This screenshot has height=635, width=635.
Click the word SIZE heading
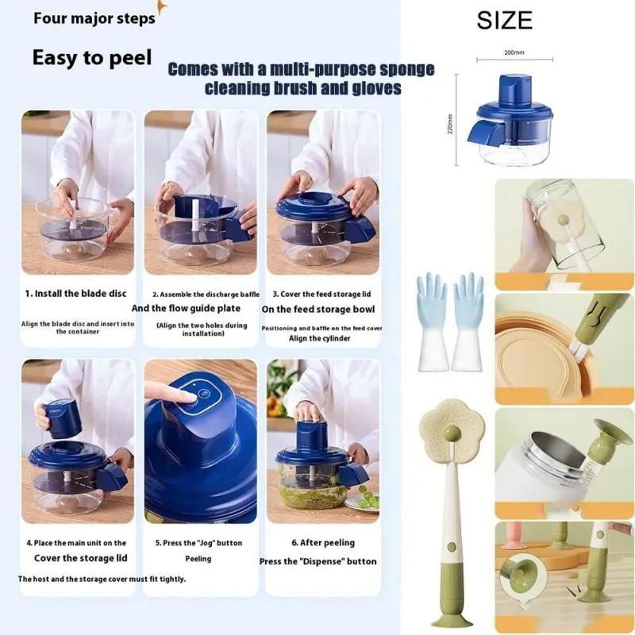[504, 20]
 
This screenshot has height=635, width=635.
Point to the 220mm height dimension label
[449, 123]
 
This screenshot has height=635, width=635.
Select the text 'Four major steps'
[94, 17]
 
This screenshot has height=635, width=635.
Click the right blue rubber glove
[468, 317]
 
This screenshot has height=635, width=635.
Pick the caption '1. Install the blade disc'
[75, 293]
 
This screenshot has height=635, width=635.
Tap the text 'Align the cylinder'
[319, 338]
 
